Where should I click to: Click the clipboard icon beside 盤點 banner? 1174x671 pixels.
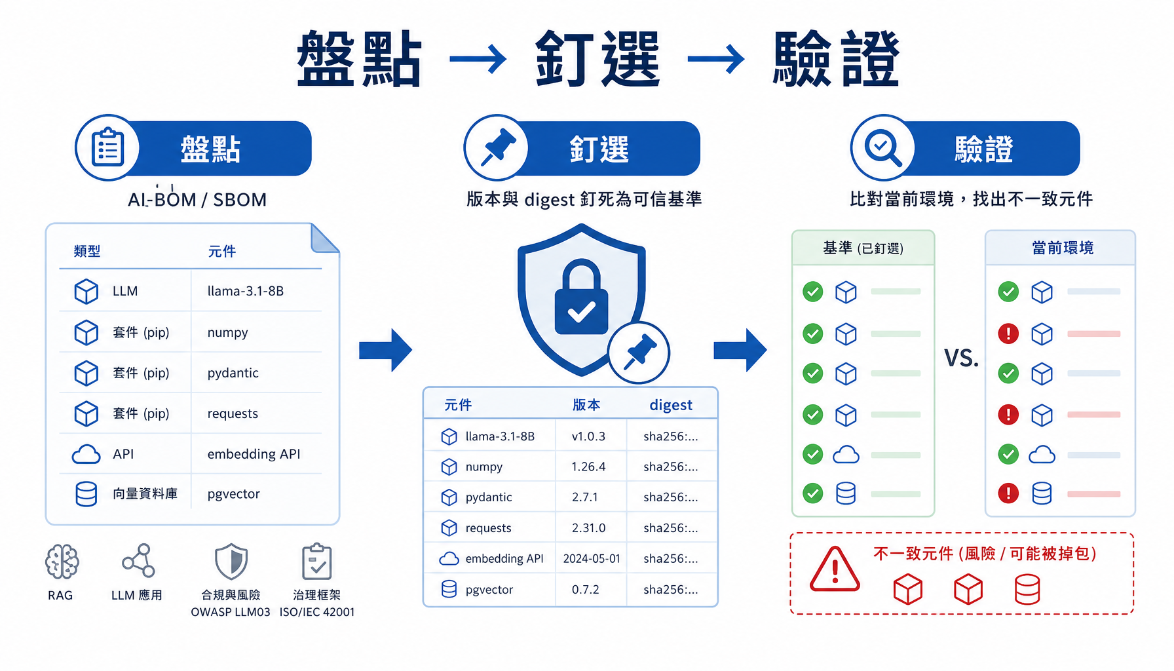pos(107,148)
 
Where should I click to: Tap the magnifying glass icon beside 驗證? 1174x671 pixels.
pos(882,148)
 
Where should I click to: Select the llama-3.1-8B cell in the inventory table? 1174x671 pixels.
pos(246,291)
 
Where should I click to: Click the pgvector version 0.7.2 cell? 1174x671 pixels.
pos(585,590)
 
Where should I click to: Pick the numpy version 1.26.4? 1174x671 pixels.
pos(588,467)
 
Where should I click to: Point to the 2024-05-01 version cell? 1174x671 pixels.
pos(591,559)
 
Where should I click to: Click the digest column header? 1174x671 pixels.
pos(671,405)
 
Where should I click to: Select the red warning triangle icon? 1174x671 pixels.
pos(834,569)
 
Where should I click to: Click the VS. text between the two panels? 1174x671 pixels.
pos(961,358)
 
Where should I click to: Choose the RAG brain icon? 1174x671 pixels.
pos(62,562)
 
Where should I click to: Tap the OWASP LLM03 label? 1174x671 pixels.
pos(231,612)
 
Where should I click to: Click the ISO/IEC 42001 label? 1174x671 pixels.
pos(317,612)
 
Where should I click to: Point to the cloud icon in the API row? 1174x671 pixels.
pos(86,454)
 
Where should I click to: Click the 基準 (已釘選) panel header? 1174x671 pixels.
pos(863,248)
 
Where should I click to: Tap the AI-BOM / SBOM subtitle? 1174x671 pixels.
pos(197,199)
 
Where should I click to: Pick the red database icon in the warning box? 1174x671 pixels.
pos(1027,589)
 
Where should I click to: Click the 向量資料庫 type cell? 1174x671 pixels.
pos(145,493)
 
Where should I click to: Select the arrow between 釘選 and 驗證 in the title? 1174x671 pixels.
pos(716,59)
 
